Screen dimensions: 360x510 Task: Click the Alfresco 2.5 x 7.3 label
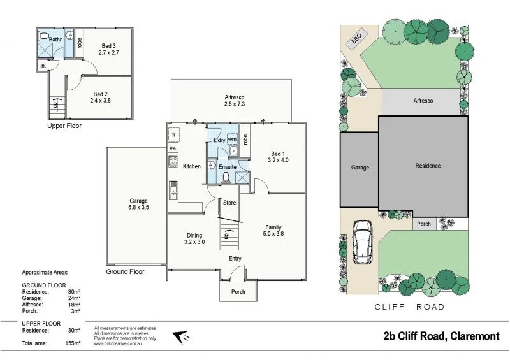(x=235, y=100)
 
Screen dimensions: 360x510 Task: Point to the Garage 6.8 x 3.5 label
(x=138, y=204)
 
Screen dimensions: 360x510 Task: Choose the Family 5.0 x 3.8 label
(x=273, y=230)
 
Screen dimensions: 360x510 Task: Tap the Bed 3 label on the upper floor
(x=109, y=49)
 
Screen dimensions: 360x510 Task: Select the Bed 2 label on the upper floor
(x=100, y=97)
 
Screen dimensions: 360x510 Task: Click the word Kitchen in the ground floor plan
(x=192, y=166)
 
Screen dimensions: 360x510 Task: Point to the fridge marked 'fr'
(x=173, y=136)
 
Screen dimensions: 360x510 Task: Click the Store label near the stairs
(x=229, y=203)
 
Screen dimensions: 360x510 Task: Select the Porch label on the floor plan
(x=238, y=292)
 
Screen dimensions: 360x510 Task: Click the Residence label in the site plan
(x=428, y=166)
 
